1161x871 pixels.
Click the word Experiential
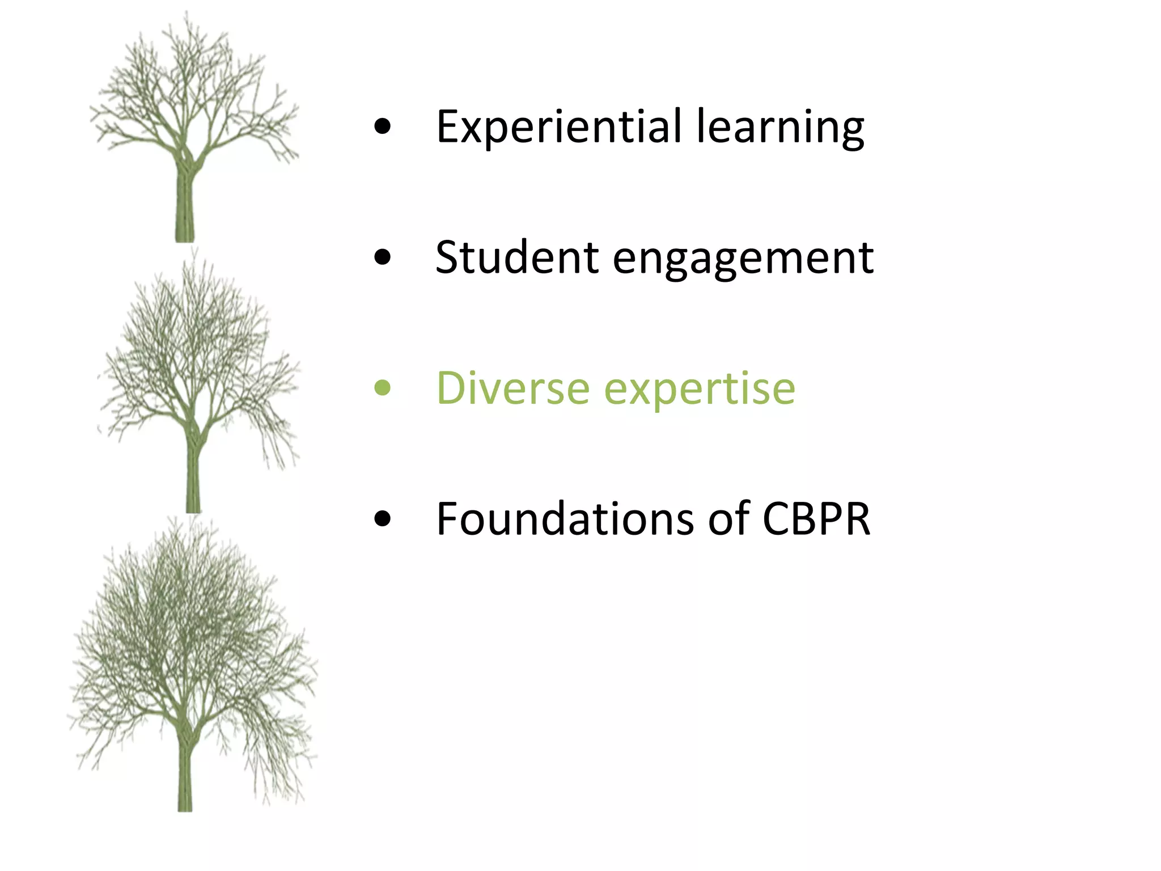click(558, 127)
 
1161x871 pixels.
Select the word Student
click(516, 258)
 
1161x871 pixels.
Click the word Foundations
click(565, 519)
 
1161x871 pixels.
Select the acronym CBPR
click(816, 519)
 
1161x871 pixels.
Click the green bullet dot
click(383, 388)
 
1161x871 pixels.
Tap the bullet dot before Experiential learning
click(383, 127)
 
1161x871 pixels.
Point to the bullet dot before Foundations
click(383, 519)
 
